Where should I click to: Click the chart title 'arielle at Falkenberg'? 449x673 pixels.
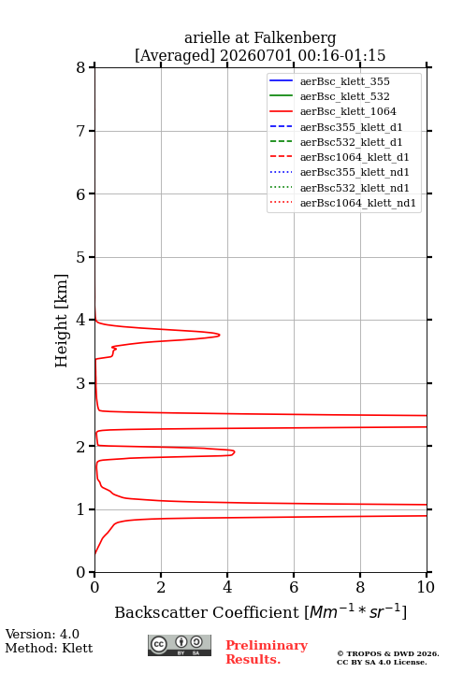(260, 38)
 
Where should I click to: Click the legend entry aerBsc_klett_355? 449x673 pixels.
(344, 81)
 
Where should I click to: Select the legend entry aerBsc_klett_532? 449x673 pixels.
(344, 96)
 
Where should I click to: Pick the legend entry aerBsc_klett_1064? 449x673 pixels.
(348, 111)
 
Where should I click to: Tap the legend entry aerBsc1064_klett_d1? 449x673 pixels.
(355, 157)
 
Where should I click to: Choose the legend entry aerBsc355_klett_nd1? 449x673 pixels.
(355, 172)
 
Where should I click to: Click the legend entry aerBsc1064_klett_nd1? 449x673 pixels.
(358, 203)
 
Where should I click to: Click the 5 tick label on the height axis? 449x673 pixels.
(81, 257)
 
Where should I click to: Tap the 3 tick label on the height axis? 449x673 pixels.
(81, 383)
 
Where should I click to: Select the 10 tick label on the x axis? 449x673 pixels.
(427, 587)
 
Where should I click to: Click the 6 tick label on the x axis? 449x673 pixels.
(294, 587)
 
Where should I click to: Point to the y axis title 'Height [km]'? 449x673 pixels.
(61, 321)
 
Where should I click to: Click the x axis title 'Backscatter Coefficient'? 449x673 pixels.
(207, 612)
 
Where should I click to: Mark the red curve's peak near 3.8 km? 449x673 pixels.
(220, 335)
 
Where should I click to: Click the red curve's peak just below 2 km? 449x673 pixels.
(234, 452)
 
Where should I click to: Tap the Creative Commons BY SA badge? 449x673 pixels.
(180, 646)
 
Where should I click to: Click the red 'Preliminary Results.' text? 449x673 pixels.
(267, 652)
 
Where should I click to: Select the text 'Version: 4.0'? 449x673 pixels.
(42, 635)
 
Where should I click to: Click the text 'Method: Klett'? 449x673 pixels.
(49, 648)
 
